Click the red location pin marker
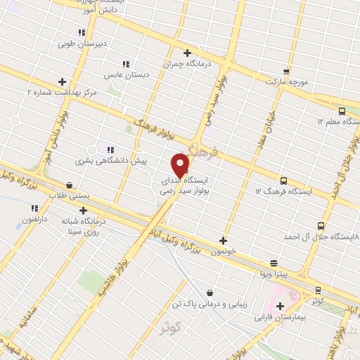click(x=181, y=164)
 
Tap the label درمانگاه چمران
click(x=167, y=63)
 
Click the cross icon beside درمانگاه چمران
click(x=187, y=52)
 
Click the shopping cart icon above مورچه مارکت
click(x=285, y=71)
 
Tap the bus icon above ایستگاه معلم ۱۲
click(x=342, y=111)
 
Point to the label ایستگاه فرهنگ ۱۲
click(x=278, y=191)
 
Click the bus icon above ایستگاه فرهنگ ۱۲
click(x=283, y=180)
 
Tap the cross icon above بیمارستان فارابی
click(x=281, y=306)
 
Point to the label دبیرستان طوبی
click(x=82, y=43)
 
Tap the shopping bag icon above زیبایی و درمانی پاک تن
click(x=210, y=292)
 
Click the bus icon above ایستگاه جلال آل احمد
click(x=321, y=226)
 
